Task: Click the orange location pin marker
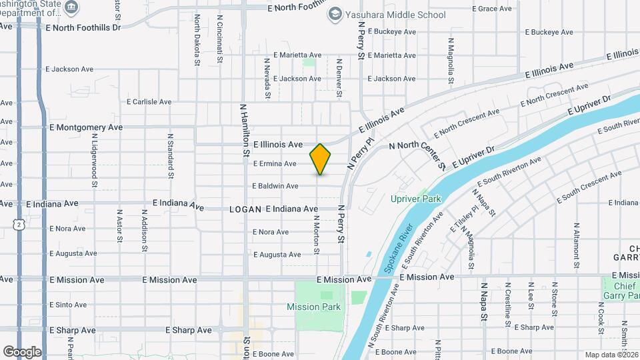tap(321, 159)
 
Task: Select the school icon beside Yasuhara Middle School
tap(335, 13)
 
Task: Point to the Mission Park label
tap(313, 307)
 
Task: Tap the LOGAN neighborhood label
tap(245, 209)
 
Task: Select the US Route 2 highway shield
tap(20, 226)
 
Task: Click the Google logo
tap(22, 351)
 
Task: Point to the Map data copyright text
tap(611, 355)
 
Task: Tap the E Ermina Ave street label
tap(274, 164)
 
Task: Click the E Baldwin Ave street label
tap(275, 186)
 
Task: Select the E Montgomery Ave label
tap(86, 127)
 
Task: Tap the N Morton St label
tap(317, 233)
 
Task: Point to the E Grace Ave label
tap(494, 9)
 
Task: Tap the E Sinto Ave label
tap(68, 305)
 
